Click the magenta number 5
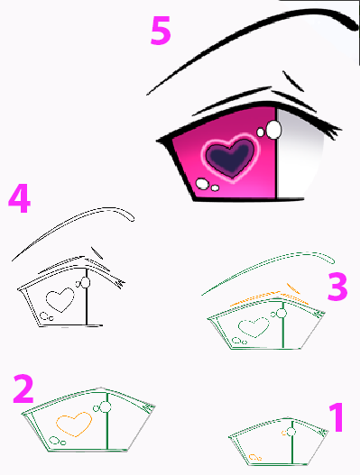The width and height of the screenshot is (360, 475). (161, 31)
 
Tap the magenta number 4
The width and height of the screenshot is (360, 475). (20, 198)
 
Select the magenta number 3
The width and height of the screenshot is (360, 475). (337, 287)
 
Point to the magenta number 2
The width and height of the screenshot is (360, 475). (23, 388)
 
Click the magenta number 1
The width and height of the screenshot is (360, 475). (337, 416)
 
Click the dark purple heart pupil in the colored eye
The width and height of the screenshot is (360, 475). (230, 157)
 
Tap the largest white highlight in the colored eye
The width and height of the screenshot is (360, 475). (273, 130)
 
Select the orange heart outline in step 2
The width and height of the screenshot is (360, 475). (74, 425)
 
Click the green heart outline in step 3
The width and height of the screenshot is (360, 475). (254, 327)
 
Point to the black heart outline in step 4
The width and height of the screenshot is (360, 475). (60, 300)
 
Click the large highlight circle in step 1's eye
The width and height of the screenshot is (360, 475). (291, 432)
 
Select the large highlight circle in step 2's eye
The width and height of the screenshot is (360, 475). (106, 407)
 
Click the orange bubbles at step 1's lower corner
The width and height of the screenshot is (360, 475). (255, 457)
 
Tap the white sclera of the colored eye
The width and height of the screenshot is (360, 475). (299, 154)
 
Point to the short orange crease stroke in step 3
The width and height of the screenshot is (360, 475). (293, 288)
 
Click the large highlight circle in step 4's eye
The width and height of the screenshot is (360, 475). (86, 283)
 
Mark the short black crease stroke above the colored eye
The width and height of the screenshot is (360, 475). (292, 81)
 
